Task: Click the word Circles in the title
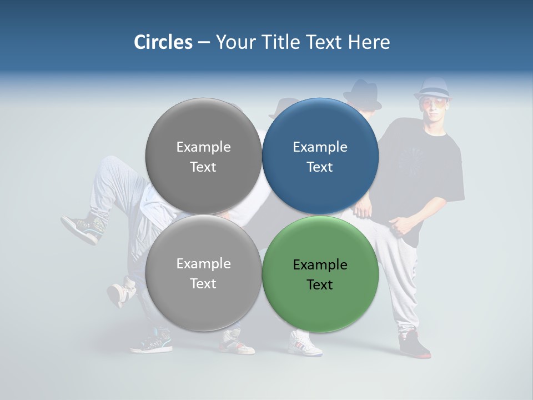tap(163, 42)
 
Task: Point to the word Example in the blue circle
tap(320, 147)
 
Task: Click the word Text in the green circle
tap(320, 285)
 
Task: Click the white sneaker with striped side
tap(304, 343)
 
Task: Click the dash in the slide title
tap(204, 43)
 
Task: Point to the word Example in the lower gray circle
tap(203, 264)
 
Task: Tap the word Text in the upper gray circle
tap(203, 167)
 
